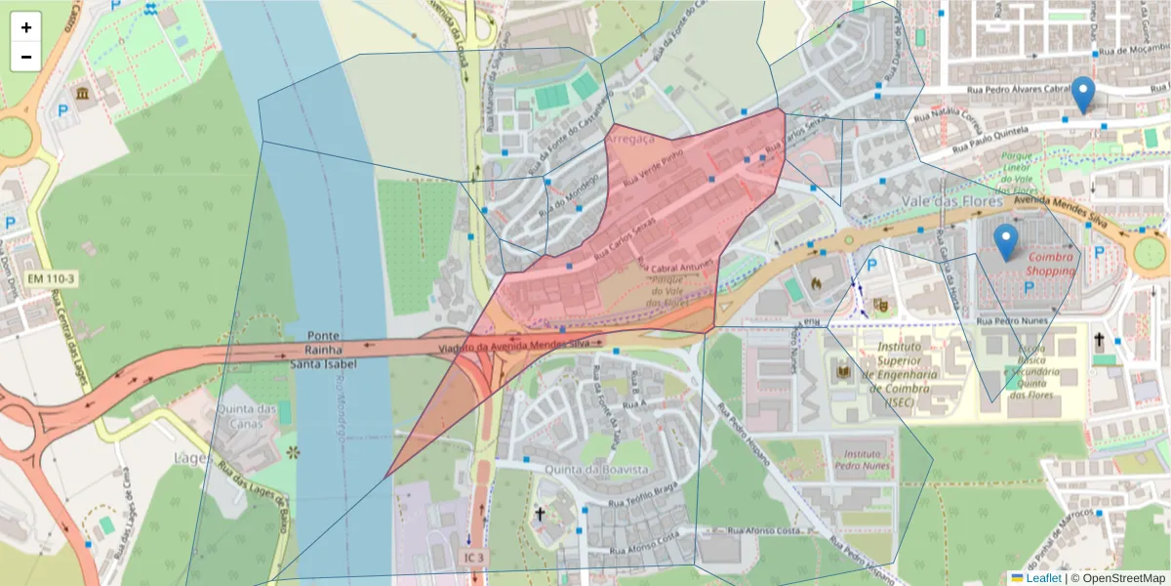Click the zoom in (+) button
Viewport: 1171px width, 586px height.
click(26, 27)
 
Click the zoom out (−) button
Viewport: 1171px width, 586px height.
click(26, 57)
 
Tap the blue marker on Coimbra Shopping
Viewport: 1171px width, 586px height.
click(1005, 241)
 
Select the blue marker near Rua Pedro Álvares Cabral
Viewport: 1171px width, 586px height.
click(1082, 94)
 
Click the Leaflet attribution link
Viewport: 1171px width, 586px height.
click(1043, 578)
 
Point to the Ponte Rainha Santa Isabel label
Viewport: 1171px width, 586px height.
click(323, 349)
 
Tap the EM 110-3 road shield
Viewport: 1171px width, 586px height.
click(51, 279)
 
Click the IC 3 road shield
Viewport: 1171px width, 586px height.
click(473, 558)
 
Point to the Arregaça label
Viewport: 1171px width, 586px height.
click(630, 140)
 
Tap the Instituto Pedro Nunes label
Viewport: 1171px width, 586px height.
click(861, 460)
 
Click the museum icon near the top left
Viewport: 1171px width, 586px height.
click(80, 94)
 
